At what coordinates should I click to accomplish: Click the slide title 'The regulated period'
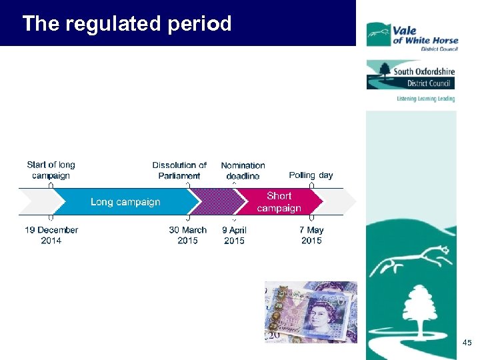click(127, 24)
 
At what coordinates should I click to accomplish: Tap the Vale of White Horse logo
click(412, 35)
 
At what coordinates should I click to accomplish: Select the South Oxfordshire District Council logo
click(410, 75)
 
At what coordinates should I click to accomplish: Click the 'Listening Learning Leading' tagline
click(425, 99)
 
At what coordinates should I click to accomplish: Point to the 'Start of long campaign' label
click(51, 170)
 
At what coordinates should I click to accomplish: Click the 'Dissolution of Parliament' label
click(179, 170)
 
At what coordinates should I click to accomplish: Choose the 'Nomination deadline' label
click(243, 170)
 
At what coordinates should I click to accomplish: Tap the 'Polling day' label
click(311, 175)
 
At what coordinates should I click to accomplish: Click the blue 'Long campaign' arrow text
click(125, 202)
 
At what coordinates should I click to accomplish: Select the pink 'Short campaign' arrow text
click(279, 202)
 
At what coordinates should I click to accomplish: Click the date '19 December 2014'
click(51, 235)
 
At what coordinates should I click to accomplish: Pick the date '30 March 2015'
click(187, 235)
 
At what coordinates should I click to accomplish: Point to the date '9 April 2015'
click(234, 235)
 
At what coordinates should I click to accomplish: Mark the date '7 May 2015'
click(311, 235)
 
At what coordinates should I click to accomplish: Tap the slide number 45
click(467, 343)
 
